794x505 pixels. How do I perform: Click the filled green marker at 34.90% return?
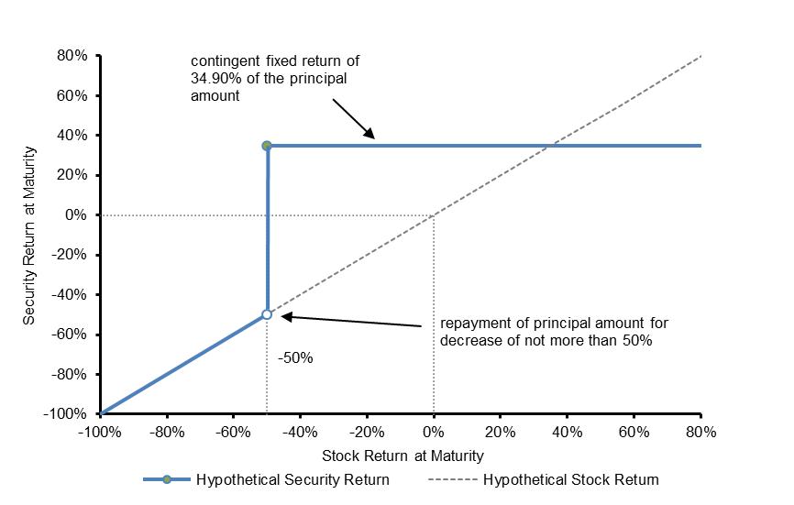267,146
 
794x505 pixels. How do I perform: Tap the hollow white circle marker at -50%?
267,314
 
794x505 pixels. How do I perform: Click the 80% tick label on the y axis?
72,56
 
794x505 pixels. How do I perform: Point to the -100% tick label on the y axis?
65,414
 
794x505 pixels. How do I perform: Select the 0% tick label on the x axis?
434,432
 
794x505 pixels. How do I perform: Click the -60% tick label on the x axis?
233,432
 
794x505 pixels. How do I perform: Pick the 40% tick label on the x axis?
568,432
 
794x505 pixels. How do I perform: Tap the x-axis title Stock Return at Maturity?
403,456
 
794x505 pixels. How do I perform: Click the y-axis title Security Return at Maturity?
28,236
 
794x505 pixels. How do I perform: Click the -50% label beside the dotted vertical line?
295,358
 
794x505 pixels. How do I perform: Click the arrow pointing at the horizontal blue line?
354,119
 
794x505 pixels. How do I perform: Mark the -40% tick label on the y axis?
70,294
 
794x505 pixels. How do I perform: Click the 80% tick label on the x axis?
700,432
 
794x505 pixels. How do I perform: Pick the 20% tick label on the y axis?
72,175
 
